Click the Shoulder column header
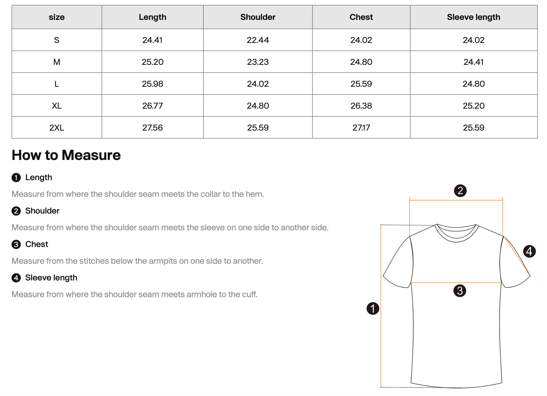coord(258,17)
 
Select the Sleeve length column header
coord(473,17)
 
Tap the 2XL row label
coord(57,128)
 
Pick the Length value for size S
coord(152,40)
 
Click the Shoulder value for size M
coord(258,62)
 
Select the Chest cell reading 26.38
coord(361,106)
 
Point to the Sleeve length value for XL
coord(473,106)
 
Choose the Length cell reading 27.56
coord(152,128)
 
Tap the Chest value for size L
coord(361,84)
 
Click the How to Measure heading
coord(66,155)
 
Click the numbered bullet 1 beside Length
coord(16,178)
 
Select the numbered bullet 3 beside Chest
coord(16,244)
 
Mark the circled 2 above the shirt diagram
coord(460,191)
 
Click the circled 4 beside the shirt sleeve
coord(529,251)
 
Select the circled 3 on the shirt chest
coord(460,291)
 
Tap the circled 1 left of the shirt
coord(373,308)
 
